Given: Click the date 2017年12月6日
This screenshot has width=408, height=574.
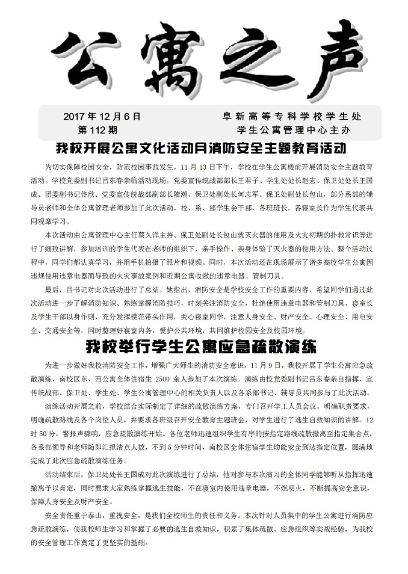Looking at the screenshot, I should click(102, 116).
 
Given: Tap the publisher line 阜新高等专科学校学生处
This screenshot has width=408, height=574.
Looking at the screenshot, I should click(292, 116).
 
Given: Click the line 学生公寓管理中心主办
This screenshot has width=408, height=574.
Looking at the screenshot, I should click(294, 129).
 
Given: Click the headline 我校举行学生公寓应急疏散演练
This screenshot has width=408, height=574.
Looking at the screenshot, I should click(205, 347).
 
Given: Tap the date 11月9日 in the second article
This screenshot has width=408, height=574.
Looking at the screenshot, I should click(265, 365).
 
